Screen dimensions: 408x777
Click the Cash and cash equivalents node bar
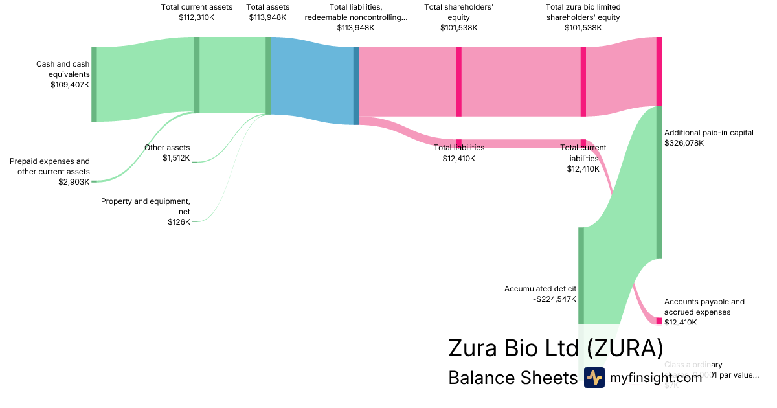coord(94,84)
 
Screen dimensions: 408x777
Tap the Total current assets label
coord(196,7)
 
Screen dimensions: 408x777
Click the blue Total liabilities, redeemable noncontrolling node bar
coord(355,85)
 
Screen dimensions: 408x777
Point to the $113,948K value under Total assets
coord(267,17)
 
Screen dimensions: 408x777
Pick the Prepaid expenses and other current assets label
coord(50,166)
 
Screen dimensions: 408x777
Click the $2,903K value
coord(74,182)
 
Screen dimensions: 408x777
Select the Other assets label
coord(167,148)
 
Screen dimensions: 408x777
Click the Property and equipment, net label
coord(146,207)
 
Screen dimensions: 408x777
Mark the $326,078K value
coord(684,143)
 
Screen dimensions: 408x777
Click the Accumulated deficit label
coord(540,289)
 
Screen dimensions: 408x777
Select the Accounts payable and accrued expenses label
coord(704,307)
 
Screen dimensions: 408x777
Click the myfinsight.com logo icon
coord(594,378)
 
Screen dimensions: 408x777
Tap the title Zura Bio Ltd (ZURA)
coord(556,348)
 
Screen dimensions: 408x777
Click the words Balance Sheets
coord(512,378)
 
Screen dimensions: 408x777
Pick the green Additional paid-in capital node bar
coord(659,182)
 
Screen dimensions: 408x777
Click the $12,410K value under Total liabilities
coord(458,158)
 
